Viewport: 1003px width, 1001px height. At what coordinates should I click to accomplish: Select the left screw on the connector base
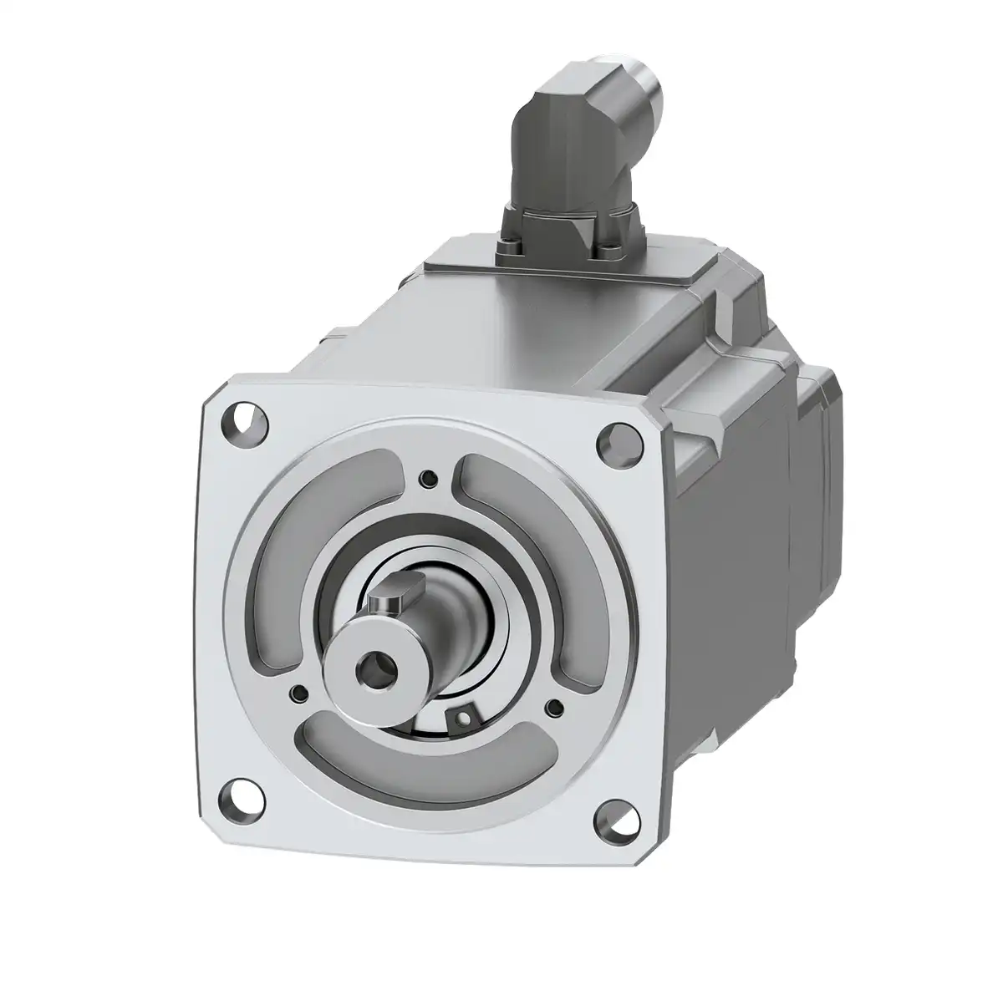[x=508, y=244]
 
